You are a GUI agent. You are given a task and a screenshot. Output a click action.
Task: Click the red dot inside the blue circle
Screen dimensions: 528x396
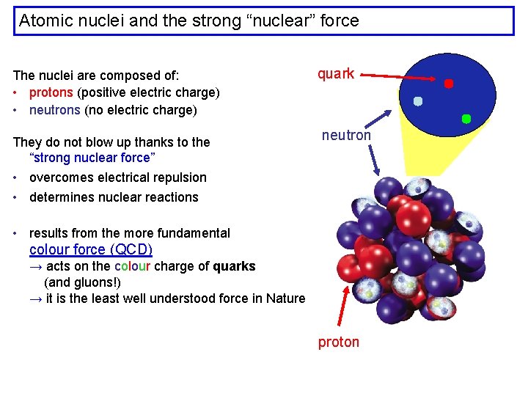coord(449,84)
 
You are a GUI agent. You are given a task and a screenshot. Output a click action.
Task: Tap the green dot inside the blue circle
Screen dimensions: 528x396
coord(466,118)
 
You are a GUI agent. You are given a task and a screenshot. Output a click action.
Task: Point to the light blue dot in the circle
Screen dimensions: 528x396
coord(418,101)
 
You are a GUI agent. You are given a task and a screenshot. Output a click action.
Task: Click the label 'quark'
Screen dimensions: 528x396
coord(336,73)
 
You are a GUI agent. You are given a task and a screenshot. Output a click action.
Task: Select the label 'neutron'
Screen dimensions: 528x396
coord(347,136)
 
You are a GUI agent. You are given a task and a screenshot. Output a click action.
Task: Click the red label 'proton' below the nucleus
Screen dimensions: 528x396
coord(339,342)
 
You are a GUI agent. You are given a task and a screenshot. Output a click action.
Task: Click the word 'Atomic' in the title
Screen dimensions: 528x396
coord(46,21)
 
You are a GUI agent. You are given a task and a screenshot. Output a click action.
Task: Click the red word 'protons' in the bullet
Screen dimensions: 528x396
coord(51,92)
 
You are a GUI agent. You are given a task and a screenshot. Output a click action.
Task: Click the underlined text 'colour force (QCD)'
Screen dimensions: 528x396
coord(91,249)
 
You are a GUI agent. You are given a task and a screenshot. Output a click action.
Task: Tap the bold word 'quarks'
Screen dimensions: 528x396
coord(235,266)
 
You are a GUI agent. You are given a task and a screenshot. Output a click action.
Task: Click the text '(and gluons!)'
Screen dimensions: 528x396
coord(83,282)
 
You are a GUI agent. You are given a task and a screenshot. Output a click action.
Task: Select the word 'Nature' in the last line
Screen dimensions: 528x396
coord(285,298)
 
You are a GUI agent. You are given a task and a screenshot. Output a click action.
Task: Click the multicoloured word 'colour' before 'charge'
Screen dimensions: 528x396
coord(133,266)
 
